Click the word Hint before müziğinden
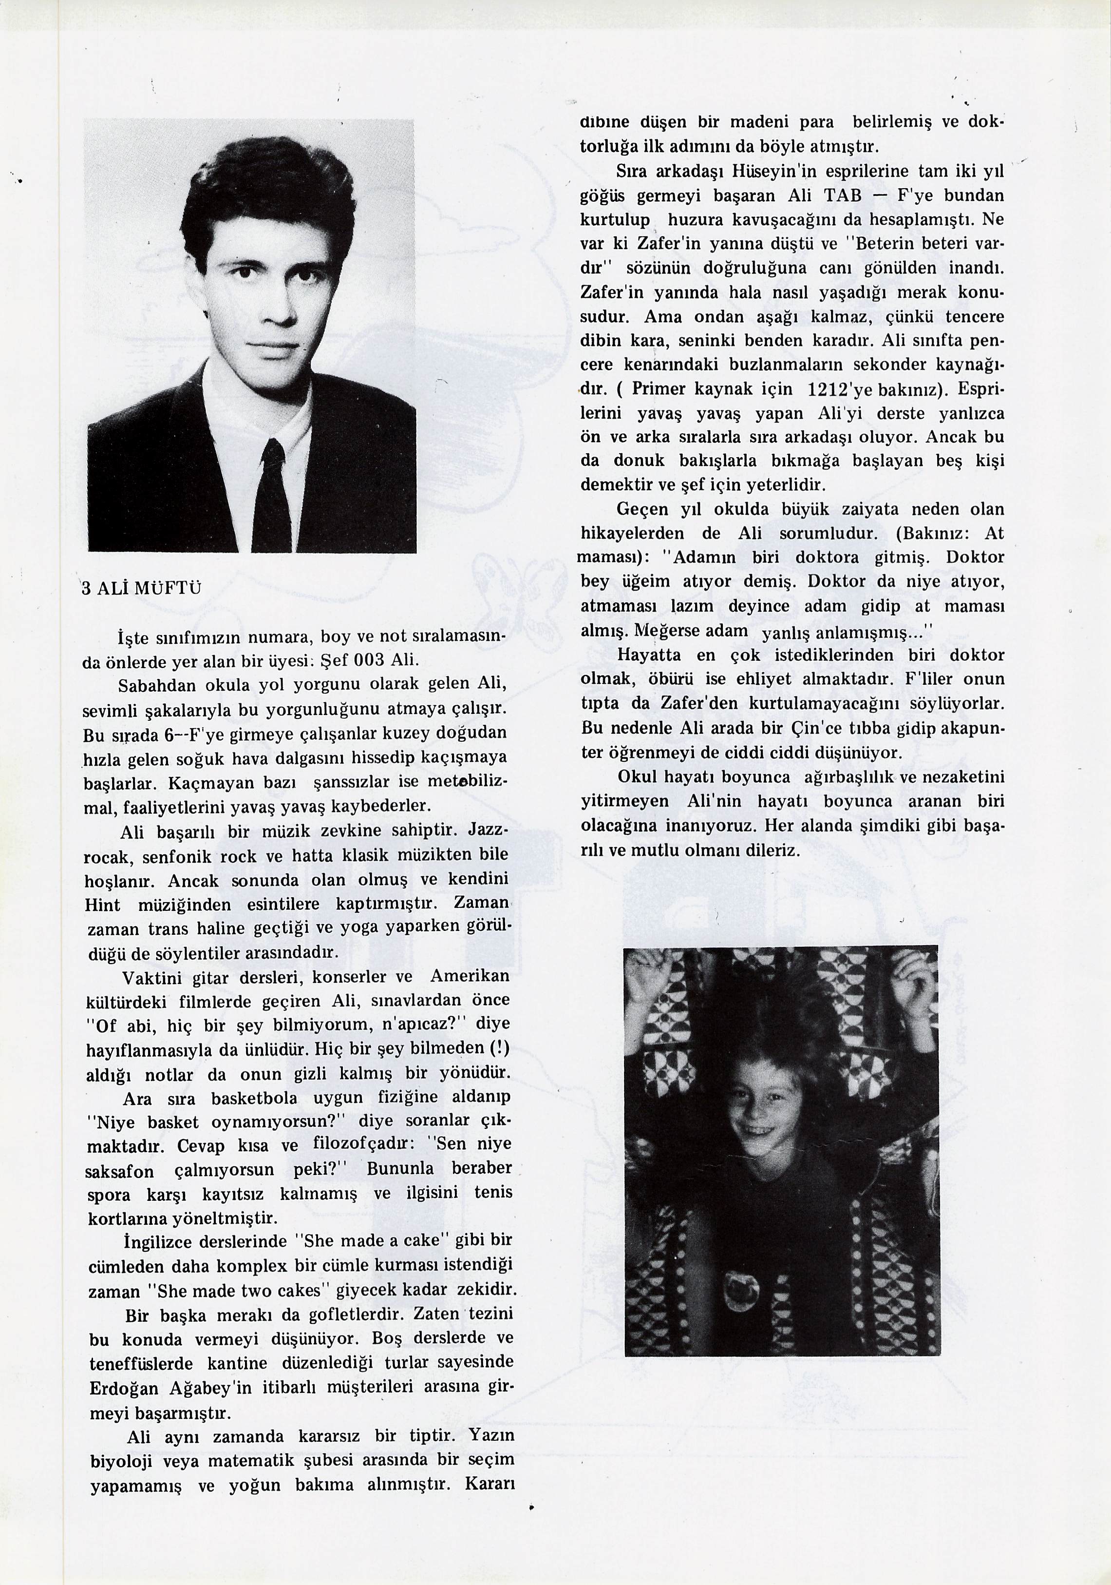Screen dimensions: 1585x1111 [x=102, y=904]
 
